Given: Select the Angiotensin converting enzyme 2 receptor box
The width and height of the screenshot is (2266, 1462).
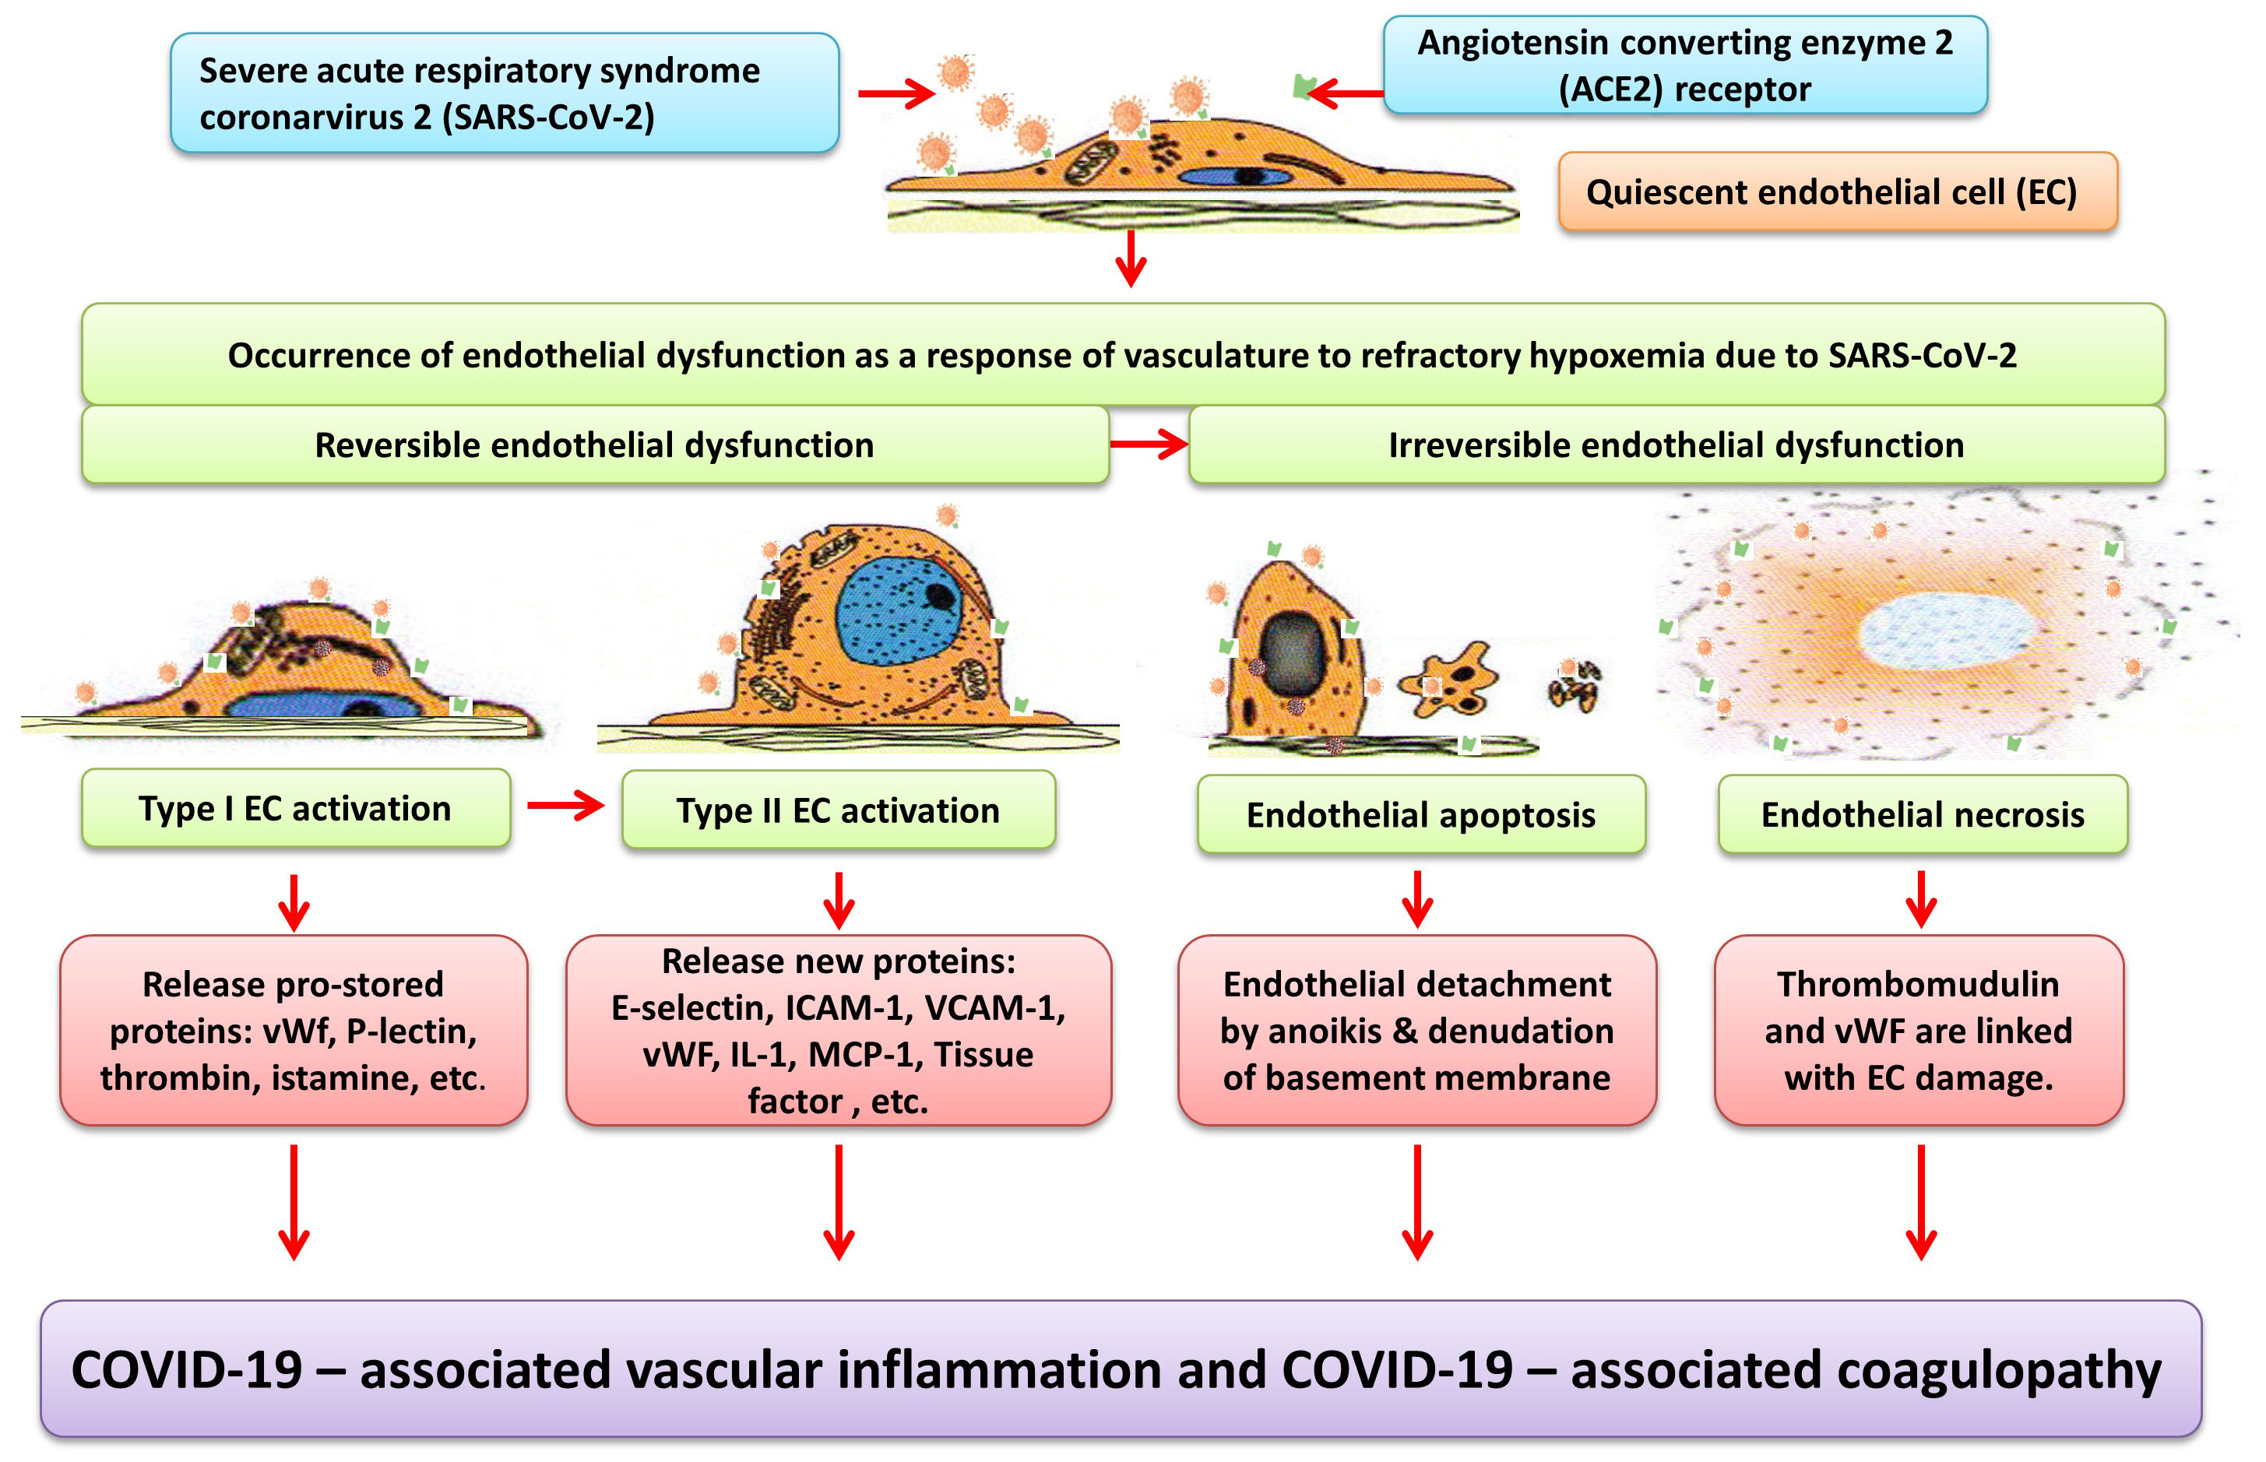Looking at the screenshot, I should point(1684,65).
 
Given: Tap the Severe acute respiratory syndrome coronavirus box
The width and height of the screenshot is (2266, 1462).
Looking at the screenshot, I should point(504,93).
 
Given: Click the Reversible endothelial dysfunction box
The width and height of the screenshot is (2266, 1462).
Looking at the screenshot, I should point(594,445).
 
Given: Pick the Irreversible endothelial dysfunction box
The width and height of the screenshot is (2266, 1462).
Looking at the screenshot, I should point(1676,445).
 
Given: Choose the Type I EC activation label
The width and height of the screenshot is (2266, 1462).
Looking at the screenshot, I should point(295,809).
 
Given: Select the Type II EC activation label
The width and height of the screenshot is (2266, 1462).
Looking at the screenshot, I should point(837,810).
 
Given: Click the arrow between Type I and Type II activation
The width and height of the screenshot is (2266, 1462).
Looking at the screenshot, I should point(565,806).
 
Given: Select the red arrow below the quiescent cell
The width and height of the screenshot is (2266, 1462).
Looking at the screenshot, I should point(1130,258).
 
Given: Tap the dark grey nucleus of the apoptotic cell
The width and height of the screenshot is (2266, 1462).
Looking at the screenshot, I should point(1292,654).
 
